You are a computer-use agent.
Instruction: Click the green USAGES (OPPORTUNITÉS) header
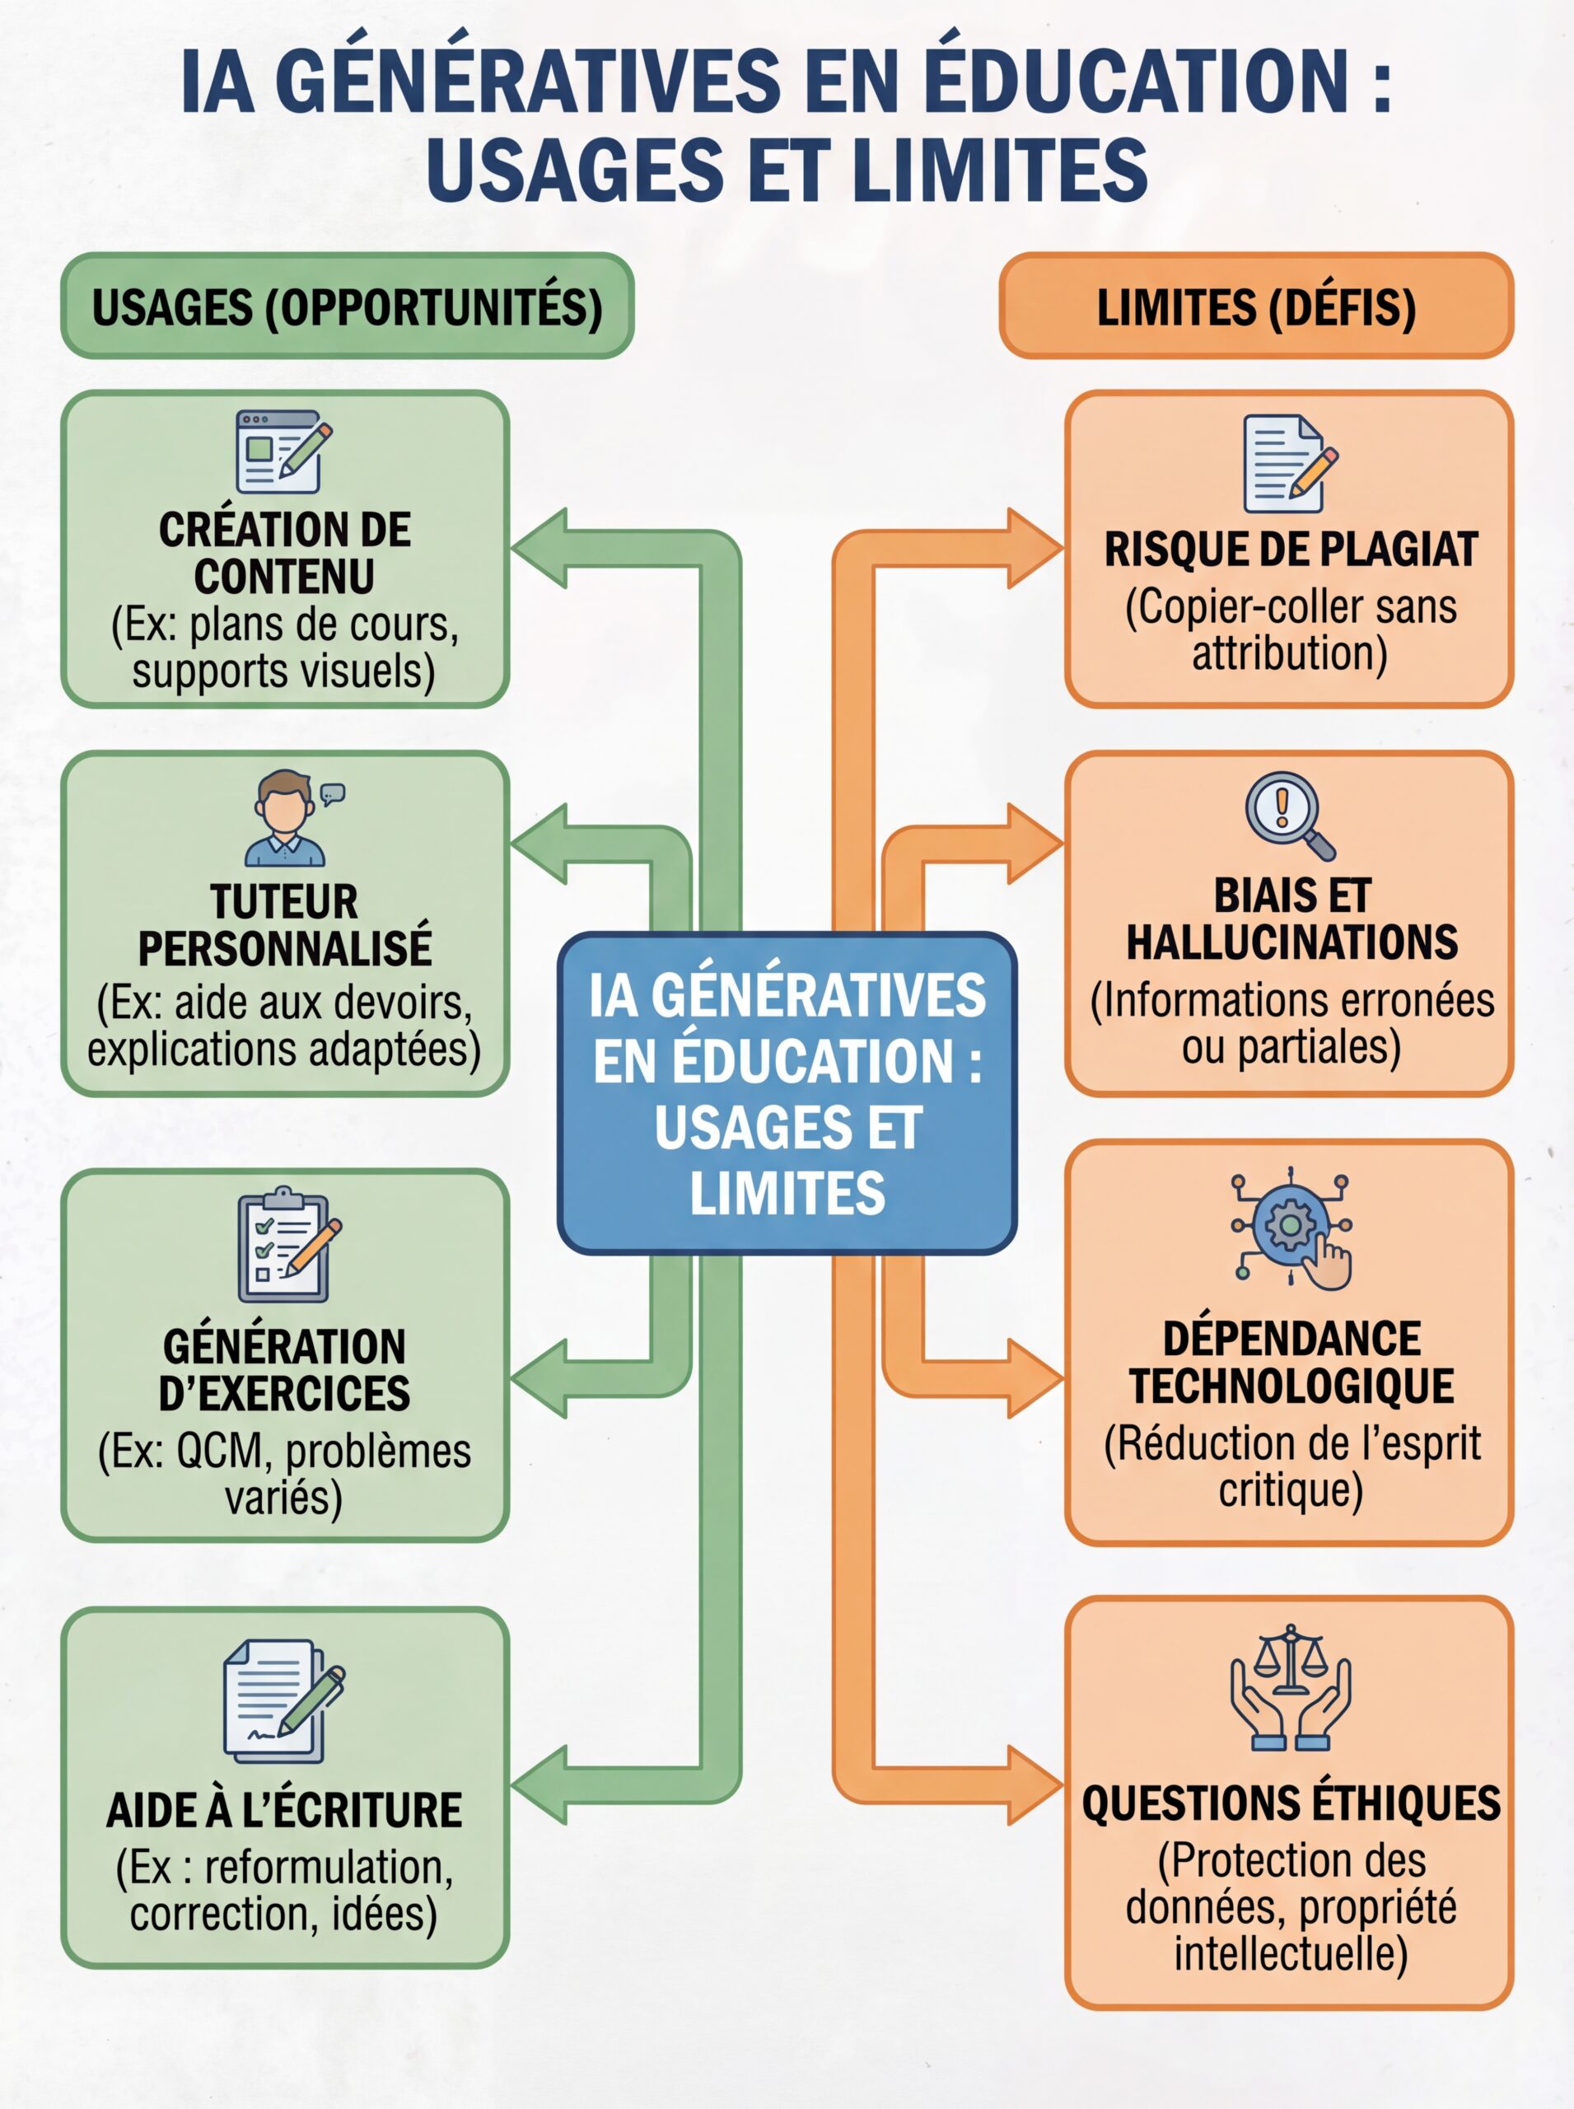(x=347, y=306)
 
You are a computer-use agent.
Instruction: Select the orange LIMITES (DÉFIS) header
(x=1256, y=306)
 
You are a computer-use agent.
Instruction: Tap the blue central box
(x=787, y=1092)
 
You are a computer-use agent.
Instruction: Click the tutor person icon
(x=287, y=819)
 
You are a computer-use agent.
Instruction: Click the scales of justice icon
(x=1290, y=1687)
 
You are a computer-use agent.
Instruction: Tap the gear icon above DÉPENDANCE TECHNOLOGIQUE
(x=1290, y=1228)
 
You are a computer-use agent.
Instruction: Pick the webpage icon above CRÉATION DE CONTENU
(x=282, y=451)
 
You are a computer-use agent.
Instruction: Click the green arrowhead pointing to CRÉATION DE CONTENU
(x=541, y=548)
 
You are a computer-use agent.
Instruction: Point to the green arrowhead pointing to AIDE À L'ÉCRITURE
(x=541, y=1784)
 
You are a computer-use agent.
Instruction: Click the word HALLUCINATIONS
(x=1291, y=942)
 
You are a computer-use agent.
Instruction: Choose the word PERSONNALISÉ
(x=285, y=947)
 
